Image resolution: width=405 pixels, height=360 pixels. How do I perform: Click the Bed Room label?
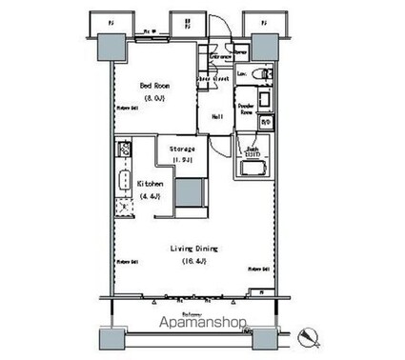click(153, 84)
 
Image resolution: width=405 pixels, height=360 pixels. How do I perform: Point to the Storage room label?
click(183, 150)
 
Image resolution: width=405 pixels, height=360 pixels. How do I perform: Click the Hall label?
click(218, 116)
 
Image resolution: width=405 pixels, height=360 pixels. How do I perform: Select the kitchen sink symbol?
click(123, 181)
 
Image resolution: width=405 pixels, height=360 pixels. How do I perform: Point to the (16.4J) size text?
click(190, 260)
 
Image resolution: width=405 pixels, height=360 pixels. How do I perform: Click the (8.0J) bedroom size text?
click(153, 95)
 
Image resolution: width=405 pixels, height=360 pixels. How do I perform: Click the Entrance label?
click(221, 57)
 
